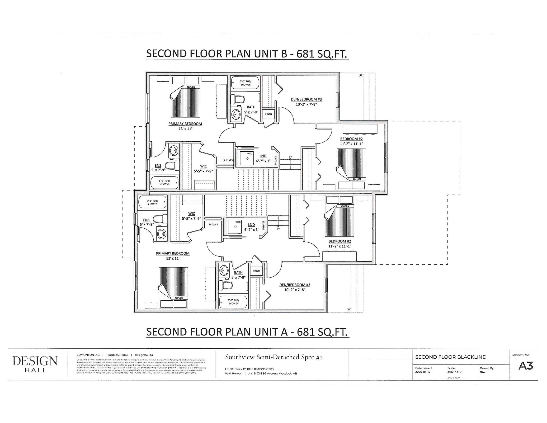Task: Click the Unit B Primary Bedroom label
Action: pos(185,124)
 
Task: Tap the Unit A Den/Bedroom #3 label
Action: pos(295,285)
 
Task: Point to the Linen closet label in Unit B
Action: pos(269,114)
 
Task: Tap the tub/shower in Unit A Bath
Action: pos(233,302)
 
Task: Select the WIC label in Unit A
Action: pos(192,214)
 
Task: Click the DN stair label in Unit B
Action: pos(291,157)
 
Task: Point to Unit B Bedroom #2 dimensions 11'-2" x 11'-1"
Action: pos(351,144)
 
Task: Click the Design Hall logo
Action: pos(35,364)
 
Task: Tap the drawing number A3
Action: pos(525,366)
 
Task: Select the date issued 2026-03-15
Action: pos(423,372)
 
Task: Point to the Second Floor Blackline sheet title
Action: pos(450,357)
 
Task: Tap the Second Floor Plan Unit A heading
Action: pos(247,332)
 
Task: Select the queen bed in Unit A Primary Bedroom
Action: pos(173,286)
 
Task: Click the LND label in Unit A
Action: pos(251,225)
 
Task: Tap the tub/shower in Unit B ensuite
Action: pos(164,182)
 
